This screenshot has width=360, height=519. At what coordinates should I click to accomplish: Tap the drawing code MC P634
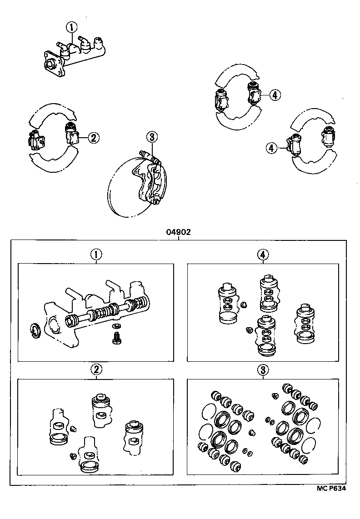331,489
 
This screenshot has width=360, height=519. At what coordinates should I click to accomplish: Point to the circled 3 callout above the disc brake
151,136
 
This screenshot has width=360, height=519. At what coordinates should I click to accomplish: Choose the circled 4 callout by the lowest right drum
271,147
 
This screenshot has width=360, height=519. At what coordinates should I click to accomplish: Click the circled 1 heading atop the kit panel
96,255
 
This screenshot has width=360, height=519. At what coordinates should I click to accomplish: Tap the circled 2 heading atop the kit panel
96,370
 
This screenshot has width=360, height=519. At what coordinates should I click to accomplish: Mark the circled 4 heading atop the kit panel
262,255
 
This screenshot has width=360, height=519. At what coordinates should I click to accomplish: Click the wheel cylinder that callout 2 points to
71,133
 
